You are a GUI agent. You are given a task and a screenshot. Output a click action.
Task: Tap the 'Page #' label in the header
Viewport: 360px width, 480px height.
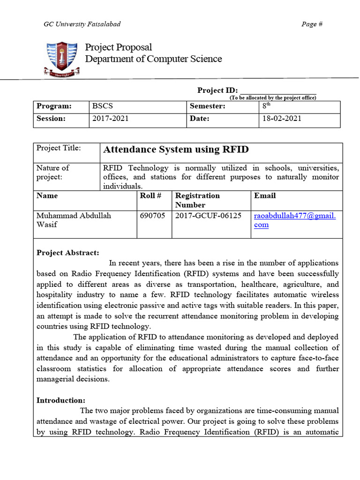click(x=312, y=24)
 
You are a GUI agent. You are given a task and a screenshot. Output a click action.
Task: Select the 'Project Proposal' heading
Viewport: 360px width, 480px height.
click(x=118, y=47)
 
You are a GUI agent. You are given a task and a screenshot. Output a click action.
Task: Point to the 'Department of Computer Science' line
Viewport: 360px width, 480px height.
click(x=153, y=59)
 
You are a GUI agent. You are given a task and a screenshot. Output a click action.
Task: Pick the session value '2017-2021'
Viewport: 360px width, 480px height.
click(x=110, y=119)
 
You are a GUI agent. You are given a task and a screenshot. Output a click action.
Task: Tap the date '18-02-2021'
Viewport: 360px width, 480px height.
click(x=282, y=119)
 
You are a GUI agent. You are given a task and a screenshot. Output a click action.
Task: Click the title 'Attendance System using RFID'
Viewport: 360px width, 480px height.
click(x=176, y=150)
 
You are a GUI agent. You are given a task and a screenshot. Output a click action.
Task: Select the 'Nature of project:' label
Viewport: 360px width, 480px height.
click(x=53, y=172)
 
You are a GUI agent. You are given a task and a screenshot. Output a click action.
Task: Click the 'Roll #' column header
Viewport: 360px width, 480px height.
click(x=150, y=195)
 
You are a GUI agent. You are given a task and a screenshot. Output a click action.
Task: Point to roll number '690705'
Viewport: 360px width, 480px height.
click(x=152, y=216)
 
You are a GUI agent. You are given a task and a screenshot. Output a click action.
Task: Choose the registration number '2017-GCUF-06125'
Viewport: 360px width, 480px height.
click(x=208, y=216)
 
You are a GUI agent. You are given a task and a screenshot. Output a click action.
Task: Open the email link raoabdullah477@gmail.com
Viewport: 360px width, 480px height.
click(x=295, y=220)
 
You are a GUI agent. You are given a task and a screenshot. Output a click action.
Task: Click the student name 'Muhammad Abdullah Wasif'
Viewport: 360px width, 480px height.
click(x=74, y=220)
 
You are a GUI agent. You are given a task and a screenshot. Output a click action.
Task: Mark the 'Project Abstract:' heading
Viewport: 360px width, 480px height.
click(x=68, y=253)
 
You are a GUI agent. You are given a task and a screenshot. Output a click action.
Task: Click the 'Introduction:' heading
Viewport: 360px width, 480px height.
click(x=61, y=400)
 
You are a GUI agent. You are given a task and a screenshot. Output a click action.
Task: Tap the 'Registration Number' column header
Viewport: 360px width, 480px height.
click(x=197, y=200)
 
